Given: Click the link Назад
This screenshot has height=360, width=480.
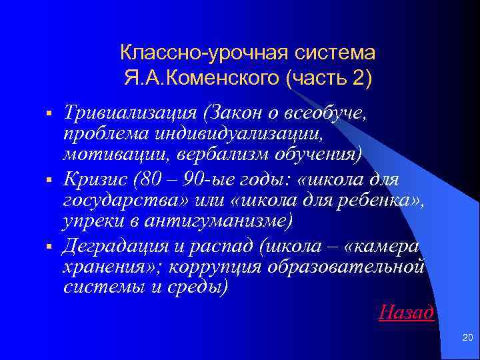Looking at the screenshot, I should pyautogui.click(x=406, y=311).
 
